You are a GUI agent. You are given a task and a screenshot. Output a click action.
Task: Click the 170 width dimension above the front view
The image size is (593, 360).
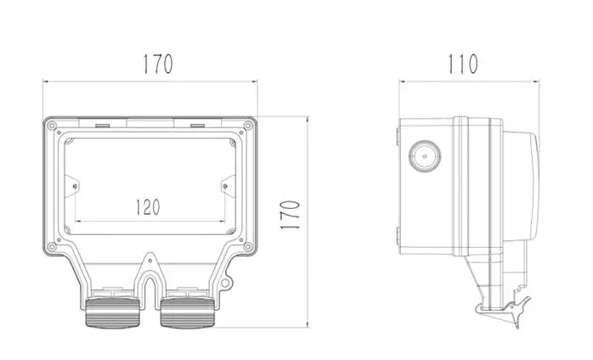click(x=158, y=65)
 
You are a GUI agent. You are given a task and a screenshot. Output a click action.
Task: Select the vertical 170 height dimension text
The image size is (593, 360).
click(x=290, y=215)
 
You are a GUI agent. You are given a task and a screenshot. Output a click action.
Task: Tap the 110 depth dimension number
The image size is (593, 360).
click(x=463, y=65)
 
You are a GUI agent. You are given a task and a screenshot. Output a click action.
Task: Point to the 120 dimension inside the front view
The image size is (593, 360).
click(x=148, y=207)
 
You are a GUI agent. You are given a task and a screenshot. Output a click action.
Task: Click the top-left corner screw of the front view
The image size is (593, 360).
click(x=52, y=126)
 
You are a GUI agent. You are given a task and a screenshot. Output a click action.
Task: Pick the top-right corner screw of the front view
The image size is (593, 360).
click(x=248, y=126)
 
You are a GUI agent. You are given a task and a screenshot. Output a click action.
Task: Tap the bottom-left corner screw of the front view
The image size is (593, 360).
click(x=52, y=247)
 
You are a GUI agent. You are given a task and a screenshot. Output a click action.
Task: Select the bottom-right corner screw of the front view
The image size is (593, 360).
click(x=248, y=247)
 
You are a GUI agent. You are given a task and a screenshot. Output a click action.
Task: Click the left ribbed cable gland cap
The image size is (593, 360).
click(x=112, y=312)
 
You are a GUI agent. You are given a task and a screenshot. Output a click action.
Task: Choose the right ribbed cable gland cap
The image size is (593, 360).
click(x=188, y=312)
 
